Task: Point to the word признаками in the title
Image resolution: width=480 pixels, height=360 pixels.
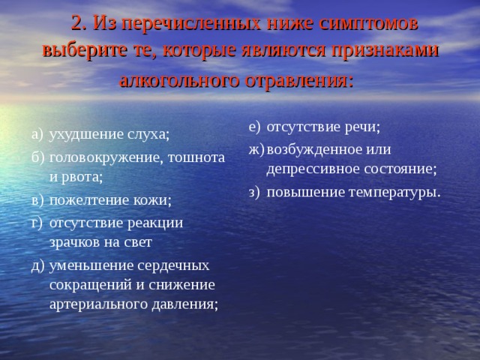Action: [x=385, y=51]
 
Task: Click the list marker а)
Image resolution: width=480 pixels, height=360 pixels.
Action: [x=38, y=133]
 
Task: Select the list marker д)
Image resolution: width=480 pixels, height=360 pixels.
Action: [x=38, y=265]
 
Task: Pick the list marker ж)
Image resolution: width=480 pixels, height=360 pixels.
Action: [x=254, y=148]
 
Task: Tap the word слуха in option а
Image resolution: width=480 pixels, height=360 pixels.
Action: [x=148, y=133]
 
